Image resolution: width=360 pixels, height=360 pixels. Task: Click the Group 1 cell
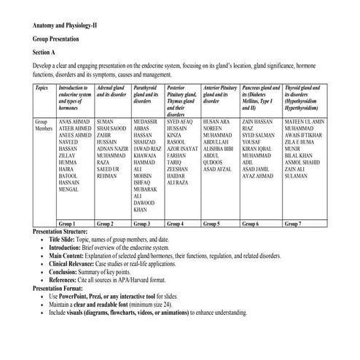[68, 224]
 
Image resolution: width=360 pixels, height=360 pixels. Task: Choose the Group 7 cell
[293, 224]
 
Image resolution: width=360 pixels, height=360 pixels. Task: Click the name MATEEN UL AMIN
[305, 120]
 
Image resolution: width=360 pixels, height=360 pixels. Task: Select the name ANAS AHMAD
[74, 120]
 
